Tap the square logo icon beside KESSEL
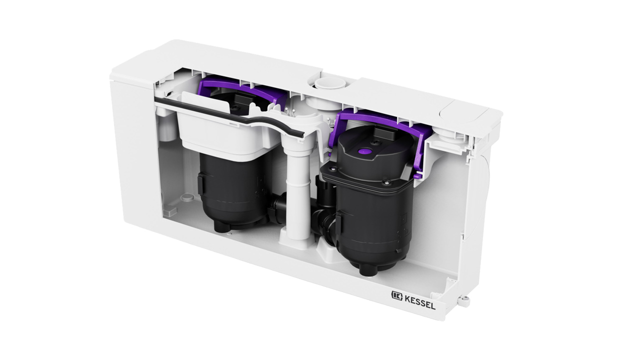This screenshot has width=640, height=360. click(397, 295)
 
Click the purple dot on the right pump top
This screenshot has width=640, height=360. click(363, 150)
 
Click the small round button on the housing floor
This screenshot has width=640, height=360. click(187, 196)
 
